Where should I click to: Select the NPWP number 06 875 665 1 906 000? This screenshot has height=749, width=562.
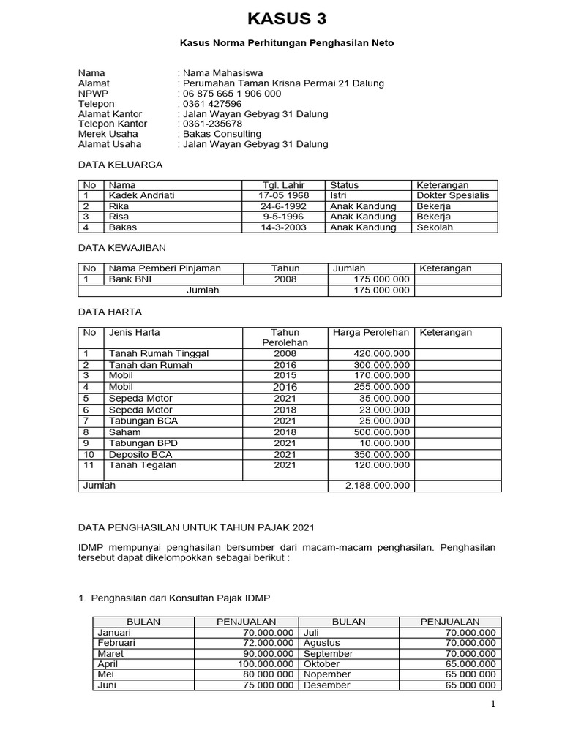(231, 94)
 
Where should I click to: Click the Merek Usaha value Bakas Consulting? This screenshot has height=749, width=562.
(222, 134)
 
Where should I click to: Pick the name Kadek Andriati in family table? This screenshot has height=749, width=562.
(142, 196)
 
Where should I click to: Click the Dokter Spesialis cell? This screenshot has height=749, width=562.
(452, 196)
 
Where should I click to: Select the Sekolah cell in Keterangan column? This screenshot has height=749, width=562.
(435, 227)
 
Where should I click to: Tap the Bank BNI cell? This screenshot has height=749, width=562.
(130, 279)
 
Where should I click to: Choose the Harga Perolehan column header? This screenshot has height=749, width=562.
(370, 333)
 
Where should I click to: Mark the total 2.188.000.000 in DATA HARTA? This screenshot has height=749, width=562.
(378, 486)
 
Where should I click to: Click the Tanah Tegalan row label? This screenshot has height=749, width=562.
(143, 465)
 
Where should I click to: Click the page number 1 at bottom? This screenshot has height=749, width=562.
(493, 704)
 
